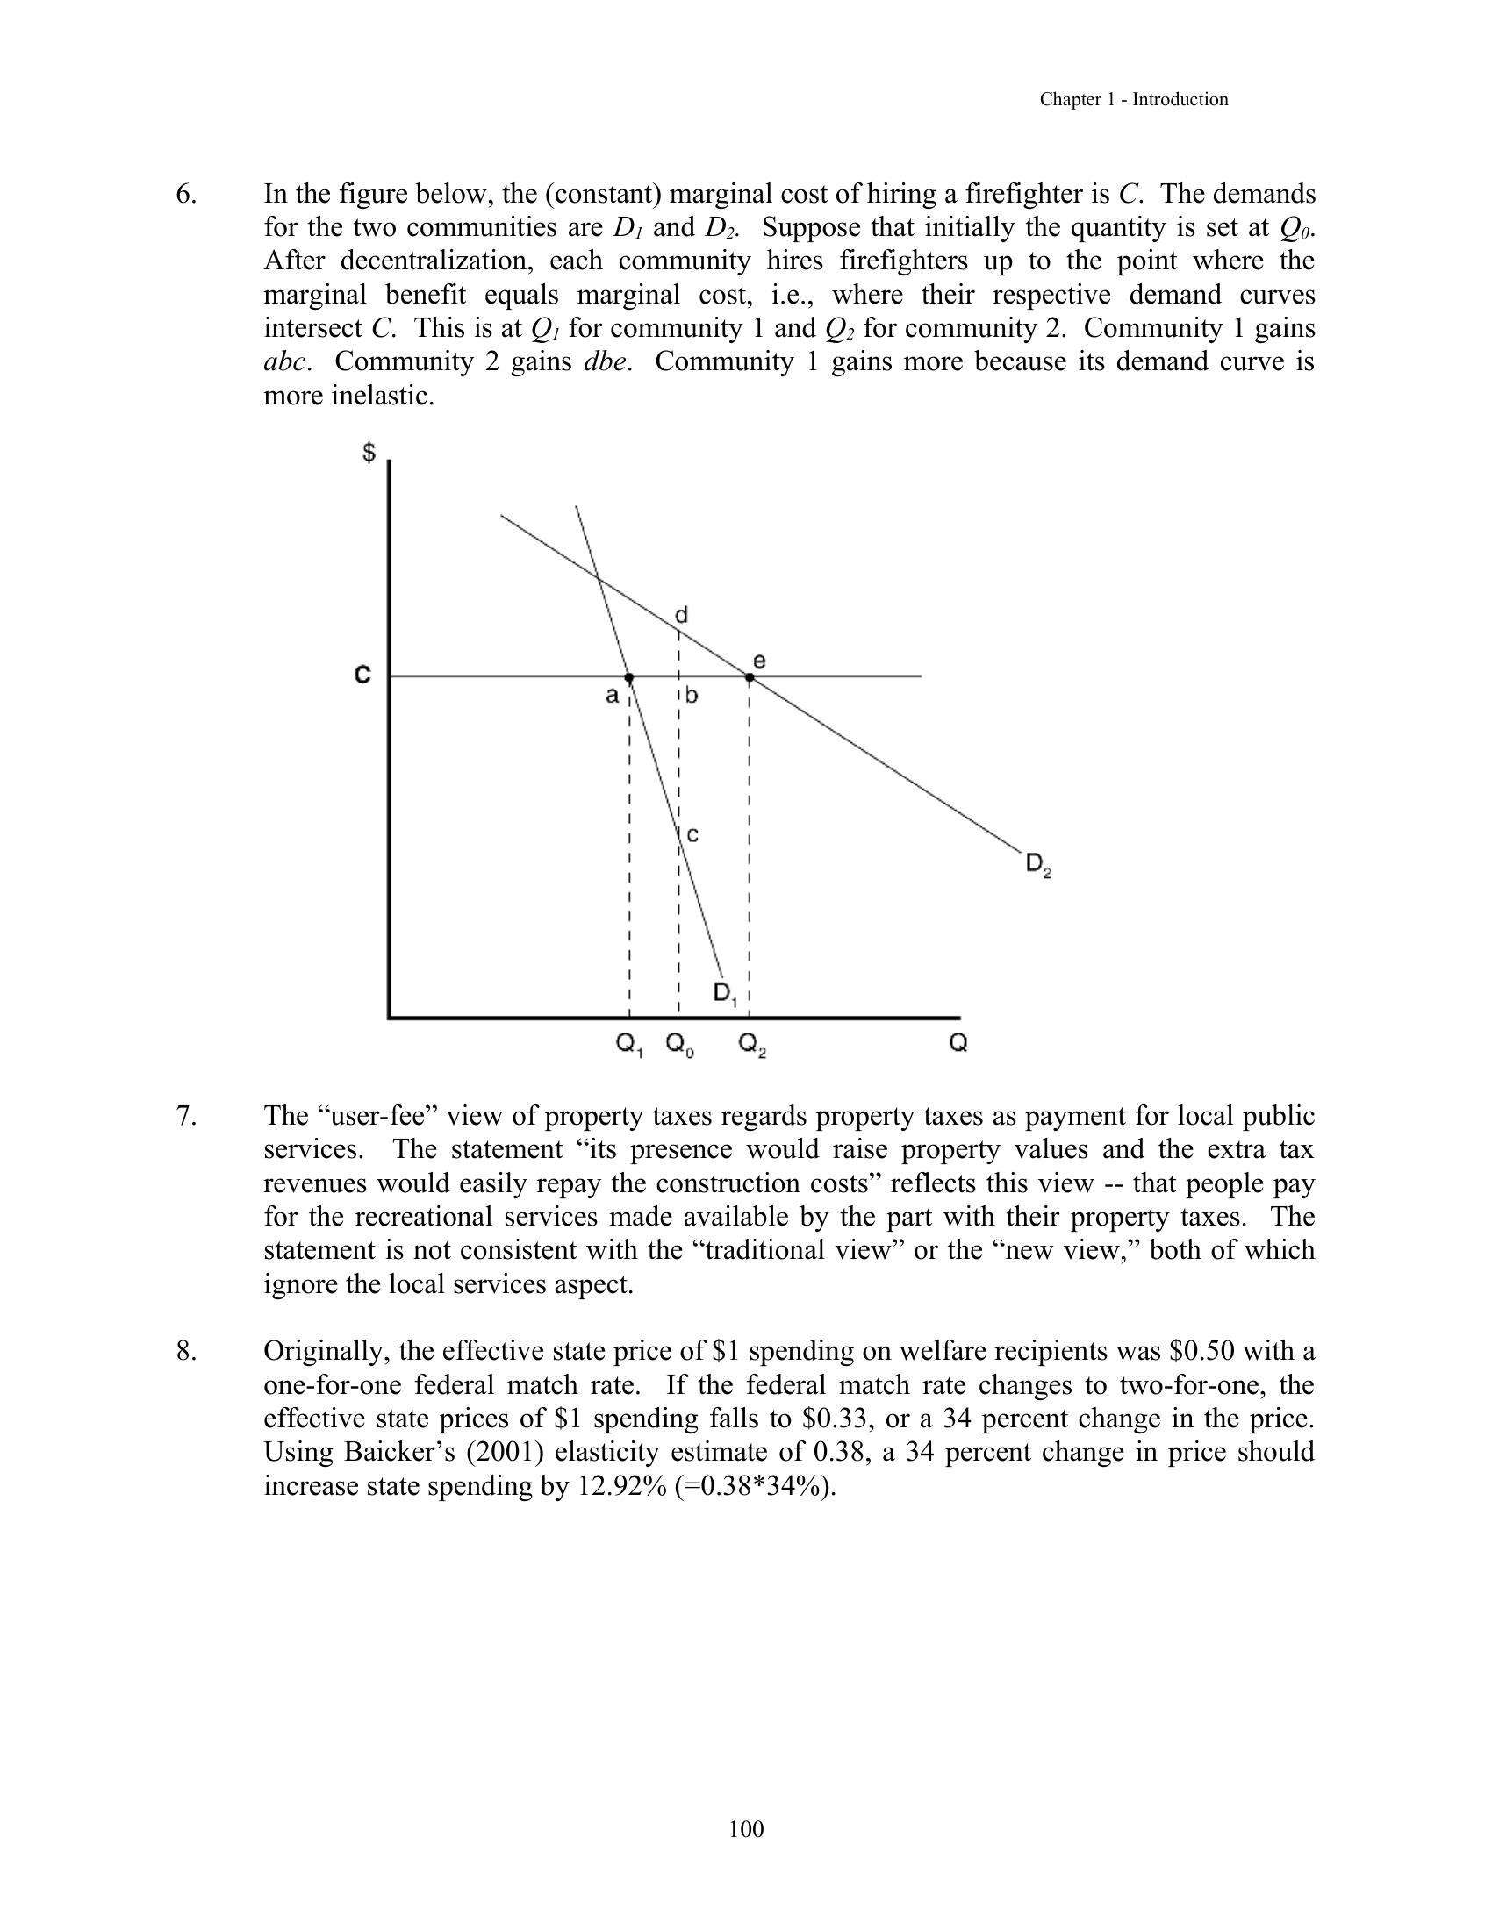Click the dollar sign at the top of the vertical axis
pos(369,454)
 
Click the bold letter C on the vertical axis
pos(362,675)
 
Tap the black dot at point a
pos(629,678)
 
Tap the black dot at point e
pos(750,678)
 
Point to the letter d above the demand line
pos(681,615)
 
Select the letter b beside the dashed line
pos(692,696)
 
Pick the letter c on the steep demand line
pos(693,834)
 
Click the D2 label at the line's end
pos(1038,863)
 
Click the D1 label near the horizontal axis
pos(726,994)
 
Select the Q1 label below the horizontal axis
pos(628,1046)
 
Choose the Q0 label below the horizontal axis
pos(678,1046)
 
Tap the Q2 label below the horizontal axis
pos(751,1046)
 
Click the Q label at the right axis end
pos(958,1044)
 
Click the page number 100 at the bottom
pos(746,1829)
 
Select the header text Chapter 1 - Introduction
pos(1133,100)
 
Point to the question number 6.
pos(185,195)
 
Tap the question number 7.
pos(185,1116)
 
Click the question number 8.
pos(185,1351)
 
